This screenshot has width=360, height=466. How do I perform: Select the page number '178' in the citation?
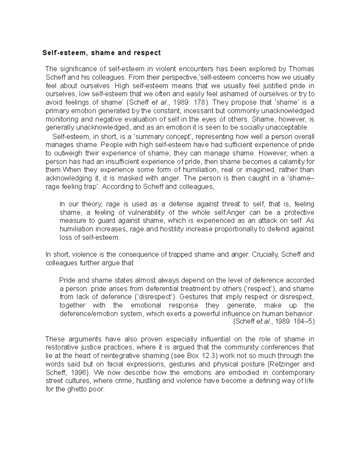click(x=199, y=102)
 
